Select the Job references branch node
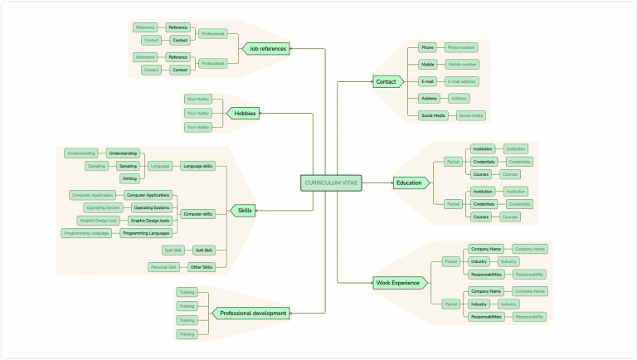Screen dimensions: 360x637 point(265,49)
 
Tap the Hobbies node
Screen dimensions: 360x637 point(244,113)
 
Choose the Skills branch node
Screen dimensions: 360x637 point(245,211)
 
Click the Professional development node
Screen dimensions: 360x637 point(253,314)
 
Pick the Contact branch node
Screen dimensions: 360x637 point(387,81)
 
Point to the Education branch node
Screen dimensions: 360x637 point(409,182)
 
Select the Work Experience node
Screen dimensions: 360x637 point(399,283)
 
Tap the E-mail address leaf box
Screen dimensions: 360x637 point(461,81)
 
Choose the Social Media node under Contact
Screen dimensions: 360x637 point(433,115)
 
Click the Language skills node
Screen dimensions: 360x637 point(197,166)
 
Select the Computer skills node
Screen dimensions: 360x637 point(197,214)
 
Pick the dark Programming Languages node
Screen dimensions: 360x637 point(147,234)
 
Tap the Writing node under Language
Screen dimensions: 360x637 point(129,178)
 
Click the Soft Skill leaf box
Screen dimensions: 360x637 point(173,250)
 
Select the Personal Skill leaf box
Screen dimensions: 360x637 point(163,267)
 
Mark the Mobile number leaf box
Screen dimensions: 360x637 point(461,64)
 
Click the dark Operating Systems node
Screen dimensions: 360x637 point(151,207)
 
